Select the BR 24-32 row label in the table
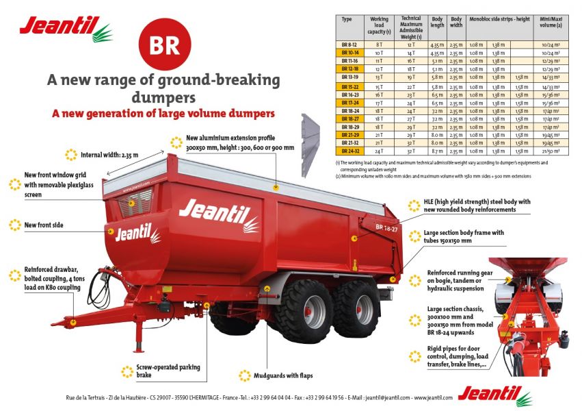tap(351, 151)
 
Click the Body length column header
tap(437, 21)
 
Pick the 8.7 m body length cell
tap(437, 151)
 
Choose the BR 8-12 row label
tap(351, 44)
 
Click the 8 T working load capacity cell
tap(379, 44)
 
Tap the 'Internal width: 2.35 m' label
tap(109, 154)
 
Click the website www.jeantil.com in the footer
tap(432, 398)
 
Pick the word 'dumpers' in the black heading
tap(163, 96)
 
